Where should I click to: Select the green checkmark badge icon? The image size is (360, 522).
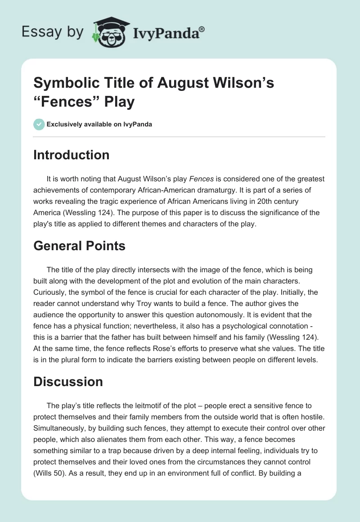[39, 124]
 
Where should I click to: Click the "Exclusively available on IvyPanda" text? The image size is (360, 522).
[99, 125]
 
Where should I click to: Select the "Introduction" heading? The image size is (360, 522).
[72, 155]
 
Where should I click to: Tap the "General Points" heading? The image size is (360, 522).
[79, 246]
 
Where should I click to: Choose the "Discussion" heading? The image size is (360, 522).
[68, 382]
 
